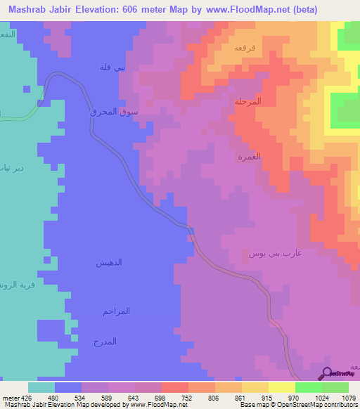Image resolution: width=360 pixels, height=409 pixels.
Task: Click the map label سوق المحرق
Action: [114, 112]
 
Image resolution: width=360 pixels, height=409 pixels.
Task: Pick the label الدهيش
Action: [109, 262]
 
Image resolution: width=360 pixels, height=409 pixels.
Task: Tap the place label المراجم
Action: [116, 311]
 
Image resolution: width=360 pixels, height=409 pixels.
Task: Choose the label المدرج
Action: [105, 342]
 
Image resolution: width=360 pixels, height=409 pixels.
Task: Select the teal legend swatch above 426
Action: [41, 387]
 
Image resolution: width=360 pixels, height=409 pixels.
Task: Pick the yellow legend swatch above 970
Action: [282, 387]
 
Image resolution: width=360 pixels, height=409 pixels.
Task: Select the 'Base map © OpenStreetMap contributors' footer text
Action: [297, 405]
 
